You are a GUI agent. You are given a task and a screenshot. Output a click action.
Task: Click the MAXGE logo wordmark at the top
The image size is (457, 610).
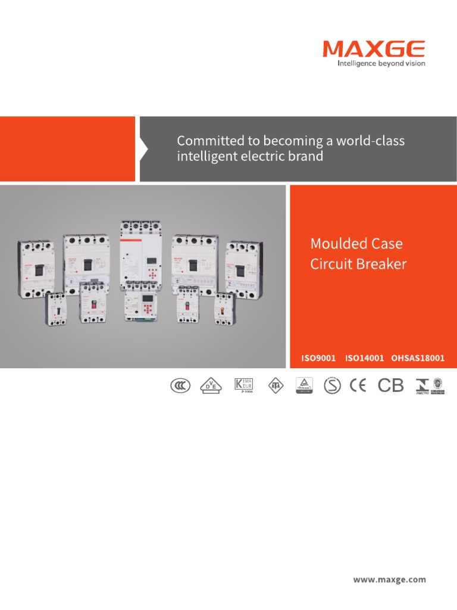click(x=374, y=49)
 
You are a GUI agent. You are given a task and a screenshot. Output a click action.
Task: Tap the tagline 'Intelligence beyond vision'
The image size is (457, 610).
click(x=381, y=63)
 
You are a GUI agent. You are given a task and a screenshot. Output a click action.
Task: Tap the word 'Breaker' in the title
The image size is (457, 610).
click(x=381, y=264)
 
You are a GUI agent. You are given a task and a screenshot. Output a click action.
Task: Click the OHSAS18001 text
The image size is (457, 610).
click(x=418, y=358)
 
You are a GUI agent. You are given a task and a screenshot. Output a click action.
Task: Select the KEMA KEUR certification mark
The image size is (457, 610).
click(x=243, y=385)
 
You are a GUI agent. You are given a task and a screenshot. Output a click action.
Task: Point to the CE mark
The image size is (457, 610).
click(x=358, y=386)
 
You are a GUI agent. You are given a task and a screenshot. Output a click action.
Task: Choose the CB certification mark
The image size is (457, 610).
click(x=391, y=386)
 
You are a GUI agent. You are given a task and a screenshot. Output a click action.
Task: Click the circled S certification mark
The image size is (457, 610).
click(x=333, y=386)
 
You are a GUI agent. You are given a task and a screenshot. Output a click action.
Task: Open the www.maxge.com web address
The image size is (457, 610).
click(x=390, y=579)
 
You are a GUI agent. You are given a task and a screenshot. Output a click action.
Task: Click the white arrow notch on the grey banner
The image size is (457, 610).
click(x=143, y=149)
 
